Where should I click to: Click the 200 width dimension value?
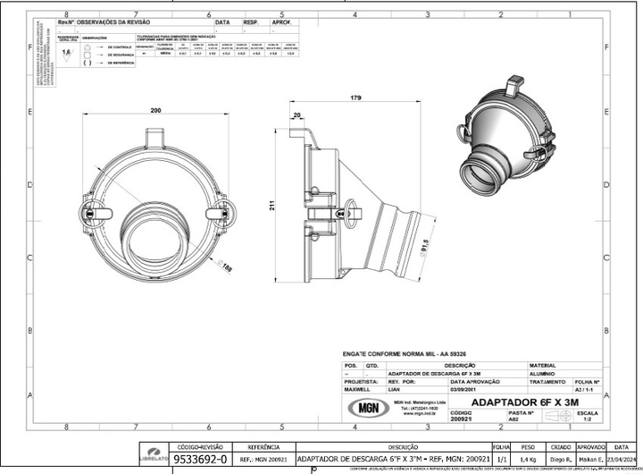157,110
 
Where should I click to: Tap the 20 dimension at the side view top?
296,115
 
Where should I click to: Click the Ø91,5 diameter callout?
426,245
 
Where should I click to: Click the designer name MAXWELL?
359,389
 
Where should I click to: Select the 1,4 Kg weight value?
526,459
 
